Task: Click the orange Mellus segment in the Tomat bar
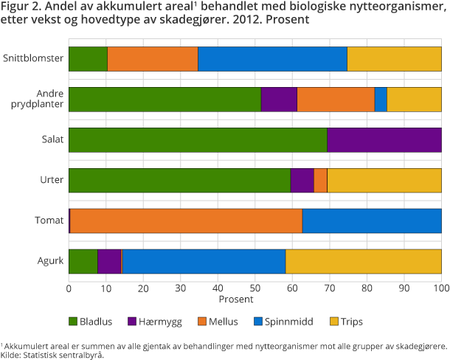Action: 186,221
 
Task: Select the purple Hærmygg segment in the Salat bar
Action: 384,139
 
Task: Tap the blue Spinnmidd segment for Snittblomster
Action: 272,58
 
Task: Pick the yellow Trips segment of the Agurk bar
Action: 363,261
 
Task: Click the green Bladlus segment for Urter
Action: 179,180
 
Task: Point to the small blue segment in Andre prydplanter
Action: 381,99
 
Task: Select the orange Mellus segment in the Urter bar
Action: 320,180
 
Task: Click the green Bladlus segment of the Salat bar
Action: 198,139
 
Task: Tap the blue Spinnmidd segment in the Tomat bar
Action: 372,221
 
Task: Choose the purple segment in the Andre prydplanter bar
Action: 279,99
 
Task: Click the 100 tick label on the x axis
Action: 440,288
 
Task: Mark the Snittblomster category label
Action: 32,58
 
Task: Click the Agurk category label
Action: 49,261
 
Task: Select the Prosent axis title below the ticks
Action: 236,300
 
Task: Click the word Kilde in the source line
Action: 13,354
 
